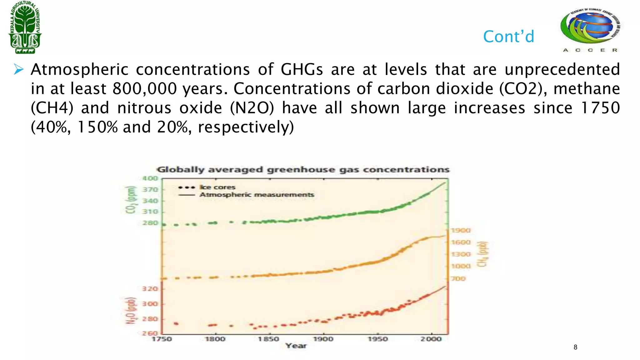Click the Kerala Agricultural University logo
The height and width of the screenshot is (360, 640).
coord(25,27)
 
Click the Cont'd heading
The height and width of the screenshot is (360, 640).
coord(508,37)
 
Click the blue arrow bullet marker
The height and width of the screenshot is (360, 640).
coord(18,69)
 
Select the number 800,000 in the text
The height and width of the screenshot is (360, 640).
coord(145,89)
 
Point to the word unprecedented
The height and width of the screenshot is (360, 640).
coord(562,69)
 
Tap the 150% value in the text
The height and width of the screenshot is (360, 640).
coord(97,127)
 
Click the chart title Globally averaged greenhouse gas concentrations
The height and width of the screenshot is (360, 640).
coord(303,170)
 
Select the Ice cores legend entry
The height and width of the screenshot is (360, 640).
coord(217,187)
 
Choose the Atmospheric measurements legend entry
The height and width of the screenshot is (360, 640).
coord(257,195)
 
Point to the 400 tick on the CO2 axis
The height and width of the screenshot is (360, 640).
coord(150,178)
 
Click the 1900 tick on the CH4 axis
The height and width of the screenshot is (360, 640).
coord(461,230)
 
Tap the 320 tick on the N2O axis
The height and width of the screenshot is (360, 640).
coord(150,289)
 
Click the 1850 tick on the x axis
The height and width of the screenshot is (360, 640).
coord(268,339)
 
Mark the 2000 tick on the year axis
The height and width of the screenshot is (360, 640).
coord(431,339)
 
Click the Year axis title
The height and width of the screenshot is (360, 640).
coord(296,346)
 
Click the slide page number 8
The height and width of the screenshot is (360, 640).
coord(575,347)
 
